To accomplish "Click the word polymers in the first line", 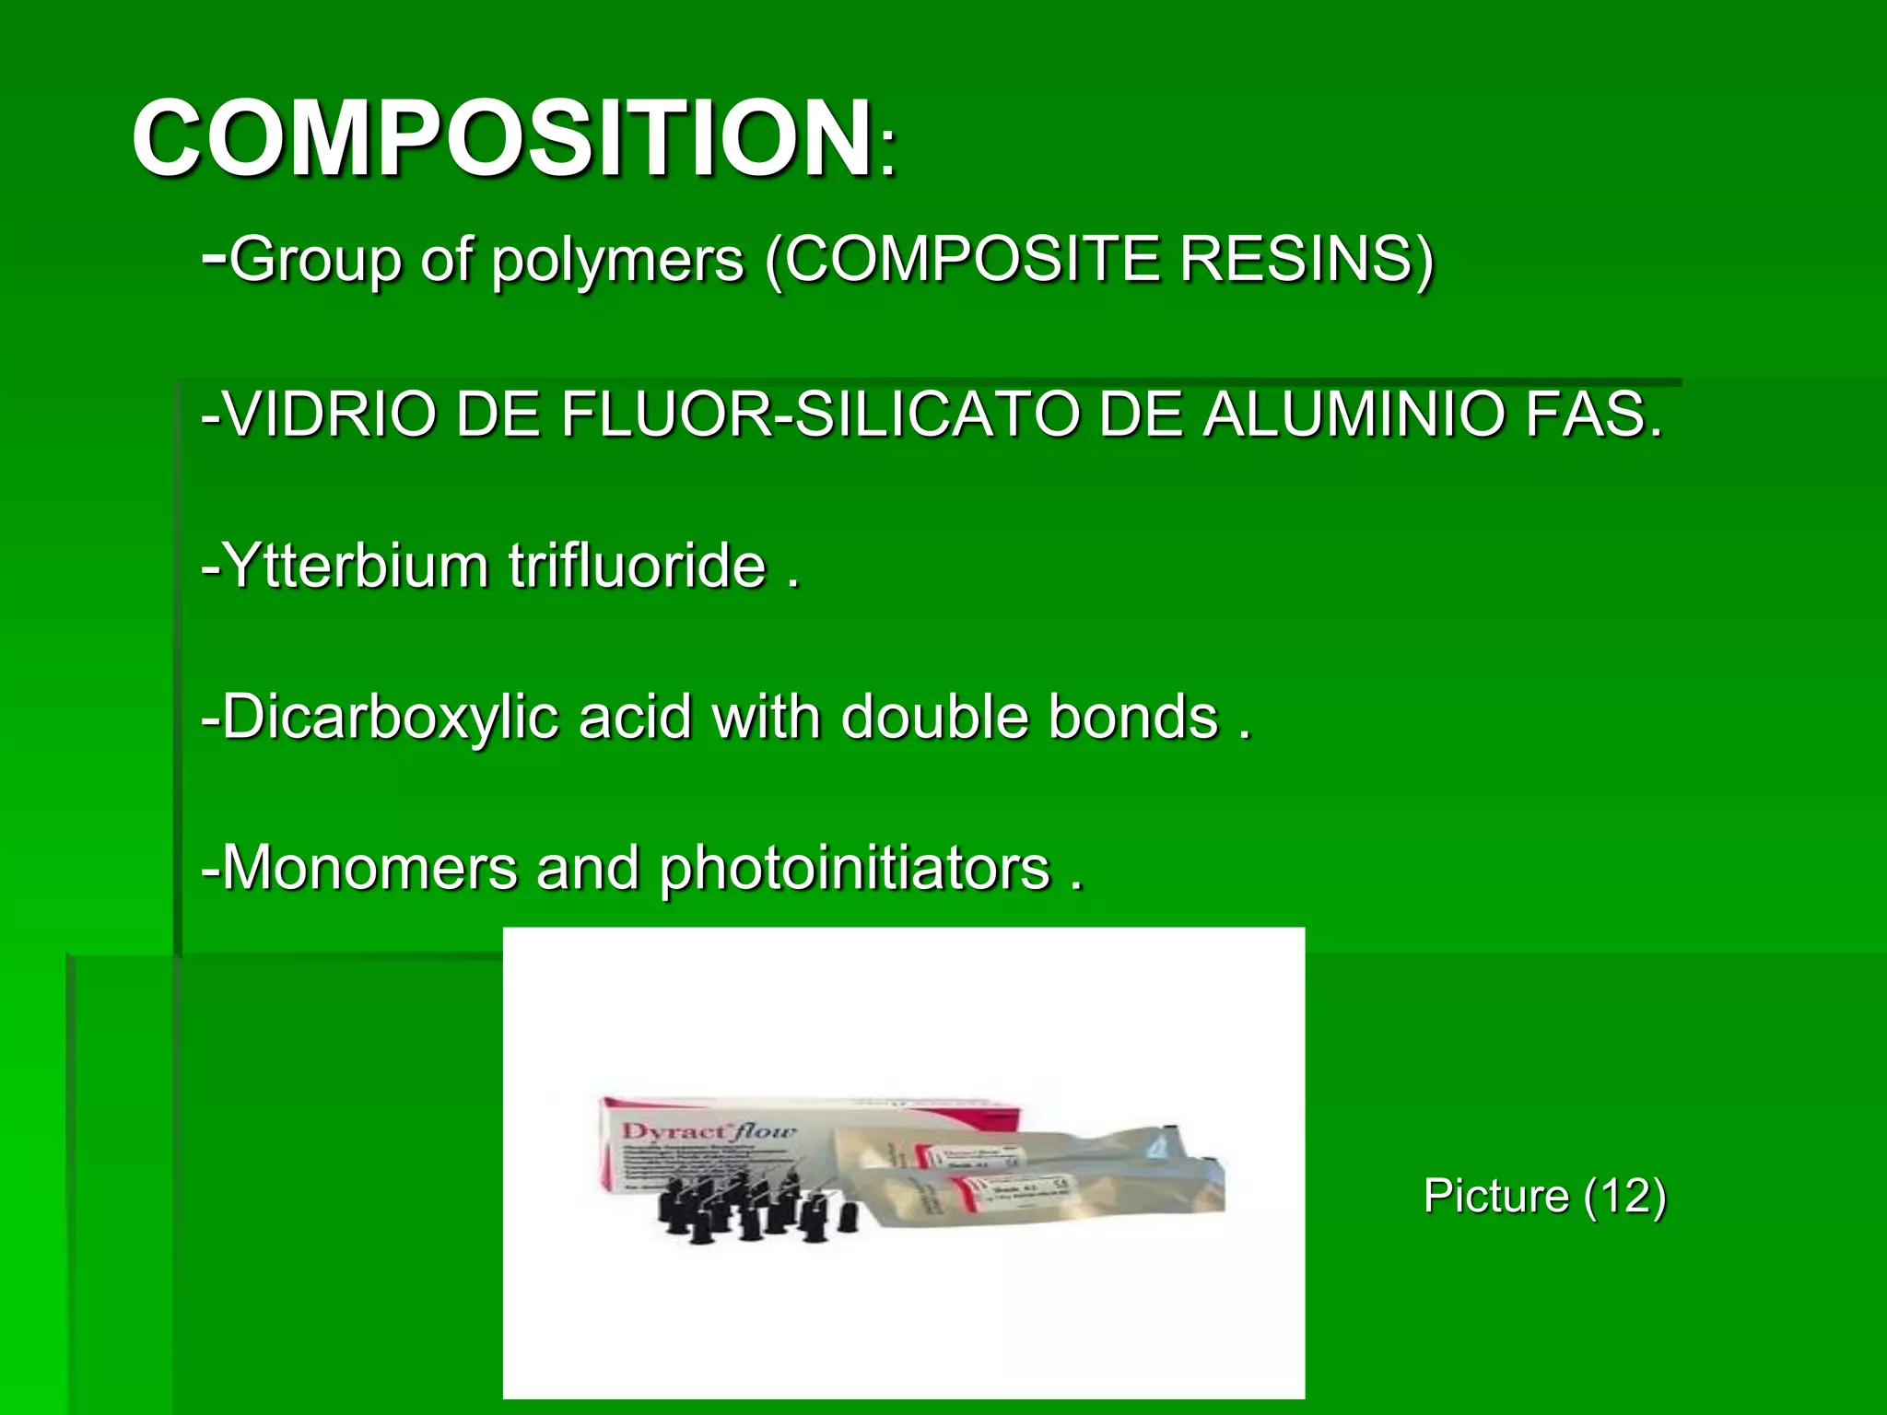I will point(617,260).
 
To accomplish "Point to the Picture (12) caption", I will point(1545,1196).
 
